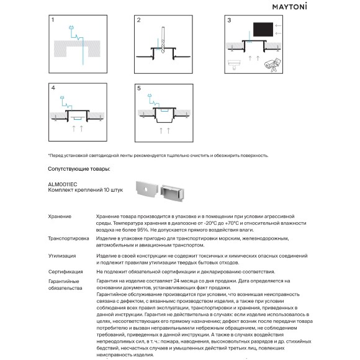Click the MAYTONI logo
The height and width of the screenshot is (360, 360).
(x=289, y=6)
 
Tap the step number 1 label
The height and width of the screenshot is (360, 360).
(x=53, y=20)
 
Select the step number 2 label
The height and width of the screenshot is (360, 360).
(x=138, y=20)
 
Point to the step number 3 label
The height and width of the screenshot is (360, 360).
(x=229, y=20)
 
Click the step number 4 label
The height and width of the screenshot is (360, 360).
(x=53, y=88)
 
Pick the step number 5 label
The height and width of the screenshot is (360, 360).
(x=139, y=88)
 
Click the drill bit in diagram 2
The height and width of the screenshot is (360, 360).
(x=163, y=40)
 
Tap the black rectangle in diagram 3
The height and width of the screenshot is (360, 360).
(x=263, y=29)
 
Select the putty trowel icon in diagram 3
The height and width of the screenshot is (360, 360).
(x=234, y=65)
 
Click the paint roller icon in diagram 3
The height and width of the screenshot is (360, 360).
(x=272, y=65)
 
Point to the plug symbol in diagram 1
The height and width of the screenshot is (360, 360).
(x=71, y=28)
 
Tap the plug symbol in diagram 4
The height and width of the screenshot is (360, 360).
(x=62, y=97)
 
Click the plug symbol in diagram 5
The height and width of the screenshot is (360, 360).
(x=150, y=96)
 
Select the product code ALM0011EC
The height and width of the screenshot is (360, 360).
(x=63, y=184)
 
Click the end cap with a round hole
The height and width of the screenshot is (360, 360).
(x=147, y=189)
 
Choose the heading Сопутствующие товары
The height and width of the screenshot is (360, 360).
(x=79, y=169)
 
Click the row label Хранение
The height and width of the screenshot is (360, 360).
(x=60, y=217)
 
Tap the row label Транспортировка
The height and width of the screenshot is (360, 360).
(x=68, y=238)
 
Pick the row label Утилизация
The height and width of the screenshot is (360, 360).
(x=62, y=256)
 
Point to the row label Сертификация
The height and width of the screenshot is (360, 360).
(x=65, y=272)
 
